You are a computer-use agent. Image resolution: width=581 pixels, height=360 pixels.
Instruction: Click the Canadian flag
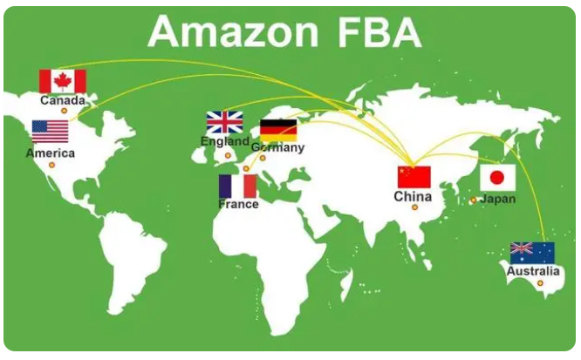coord(63,81)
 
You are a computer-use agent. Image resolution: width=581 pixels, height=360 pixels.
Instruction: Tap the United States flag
coord(51,132)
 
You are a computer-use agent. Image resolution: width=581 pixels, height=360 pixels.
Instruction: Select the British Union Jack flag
coord(224,122)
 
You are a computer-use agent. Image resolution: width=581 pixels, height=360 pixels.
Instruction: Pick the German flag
coord(278,131)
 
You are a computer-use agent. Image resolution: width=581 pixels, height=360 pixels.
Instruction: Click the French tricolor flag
coord(238,187)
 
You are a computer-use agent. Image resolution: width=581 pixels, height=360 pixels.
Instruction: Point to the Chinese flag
coord(414,177)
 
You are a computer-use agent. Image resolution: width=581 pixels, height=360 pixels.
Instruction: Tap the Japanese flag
coord(497,178)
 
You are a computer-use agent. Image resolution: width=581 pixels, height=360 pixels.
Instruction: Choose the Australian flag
coord(532,253)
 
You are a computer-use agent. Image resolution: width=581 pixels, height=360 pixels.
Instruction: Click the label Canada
coord(63,100)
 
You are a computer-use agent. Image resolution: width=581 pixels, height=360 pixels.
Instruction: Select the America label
coord(51,153)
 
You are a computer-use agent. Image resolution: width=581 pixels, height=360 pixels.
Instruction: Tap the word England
coord(225,141)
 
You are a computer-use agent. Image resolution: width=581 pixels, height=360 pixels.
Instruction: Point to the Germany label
coord(278,147)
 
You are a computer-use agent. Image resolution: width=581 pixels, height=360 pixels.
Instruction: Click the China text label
coord(413,196)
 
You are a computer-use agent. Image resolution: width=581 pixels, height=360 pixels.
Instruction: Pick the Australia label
coord(533,271)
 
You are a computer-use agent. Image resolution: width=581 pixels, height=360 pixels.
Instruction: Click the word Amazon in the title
coord(234,31)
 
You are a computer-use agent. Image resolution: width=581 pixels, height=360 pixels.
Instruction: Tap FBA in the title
coord(379,31)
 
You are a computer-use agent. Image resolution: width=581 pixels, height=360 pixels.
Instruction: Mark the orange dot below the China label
coord(414,207)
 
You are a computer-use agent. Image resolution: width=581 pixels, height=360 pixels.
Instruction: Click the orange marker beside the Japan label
coord(473,200)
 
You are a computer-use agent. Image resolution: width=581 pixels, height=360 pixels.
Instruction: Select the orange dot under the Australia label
coord(540,283)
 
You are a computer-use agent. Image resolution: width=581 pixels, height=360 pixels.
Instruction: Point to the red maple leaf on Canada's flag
coord(63,81)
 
